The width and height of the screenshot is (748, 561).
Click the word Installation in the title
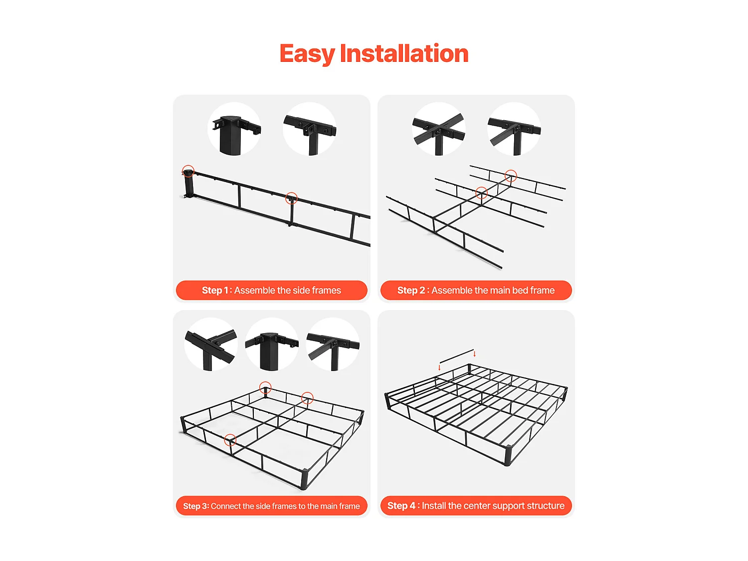tap(404, 53)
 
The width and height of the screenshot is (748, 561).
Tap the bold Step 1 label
tap(215, 290)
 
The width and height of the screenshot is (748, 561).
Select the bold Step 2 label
tap(411, 290)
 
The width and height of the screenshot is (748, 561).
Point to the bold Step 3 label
tap(195, 506)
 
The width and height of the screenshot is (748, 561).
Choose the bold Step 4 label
tap(401, 506)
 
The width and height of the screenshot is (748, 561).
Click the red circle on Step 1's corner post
tap(188, 171)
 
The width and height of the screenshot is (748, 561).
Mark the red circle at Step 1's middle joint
tap(291, 198)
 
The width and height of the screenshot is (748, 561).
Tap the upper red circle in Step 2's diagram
tap(511, 176)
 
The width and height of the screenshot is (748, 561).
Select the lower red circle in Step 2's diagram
tap(481, 193)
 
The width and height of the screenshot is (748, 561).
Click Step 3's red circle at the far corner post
tap(265, 387)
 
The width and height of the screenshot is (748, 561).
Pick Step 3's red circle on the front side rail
tap(230, 440)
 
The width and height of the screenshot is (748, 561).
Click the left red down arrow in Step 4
tap(439, 367)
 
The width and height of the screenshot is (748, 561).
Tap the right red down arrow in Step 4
tap(474, 354)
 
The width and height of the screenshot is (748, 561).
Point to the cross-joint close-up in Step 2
tap(438, 129)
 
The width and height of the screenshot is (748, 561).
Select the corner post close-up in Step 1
tap(234, 129)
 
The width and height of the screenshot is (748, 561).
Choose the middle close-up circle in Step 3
tap(272, 345)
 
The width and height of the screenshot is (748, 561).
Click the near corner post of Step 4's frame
tap(508, 455)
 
